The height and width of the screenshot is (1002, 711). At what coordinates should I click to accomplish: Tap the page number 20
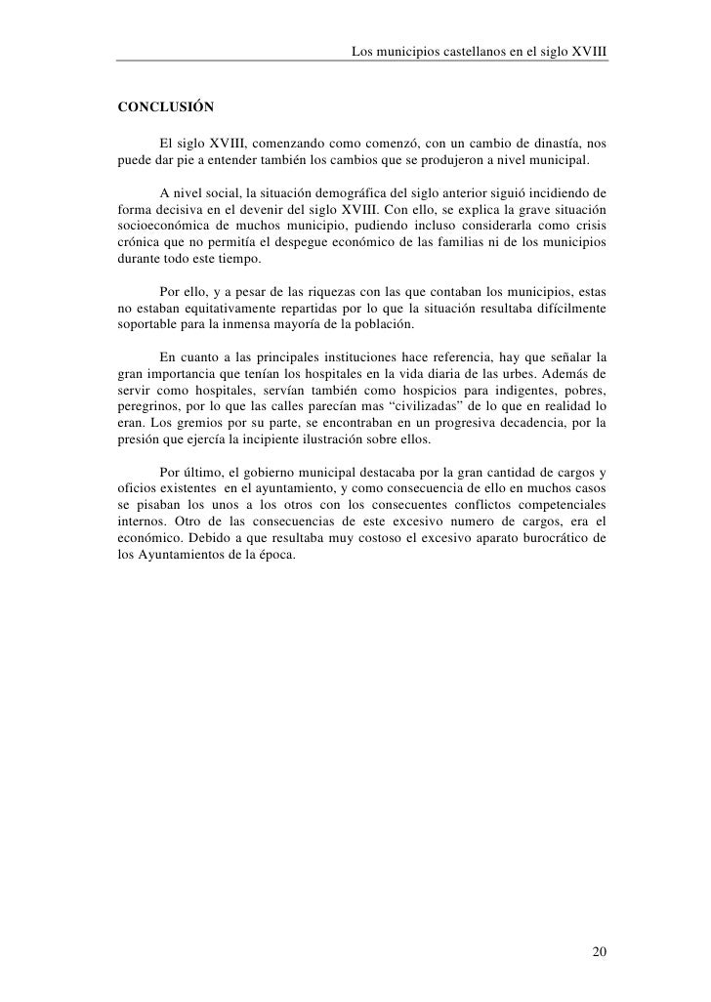coord(600,952)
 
